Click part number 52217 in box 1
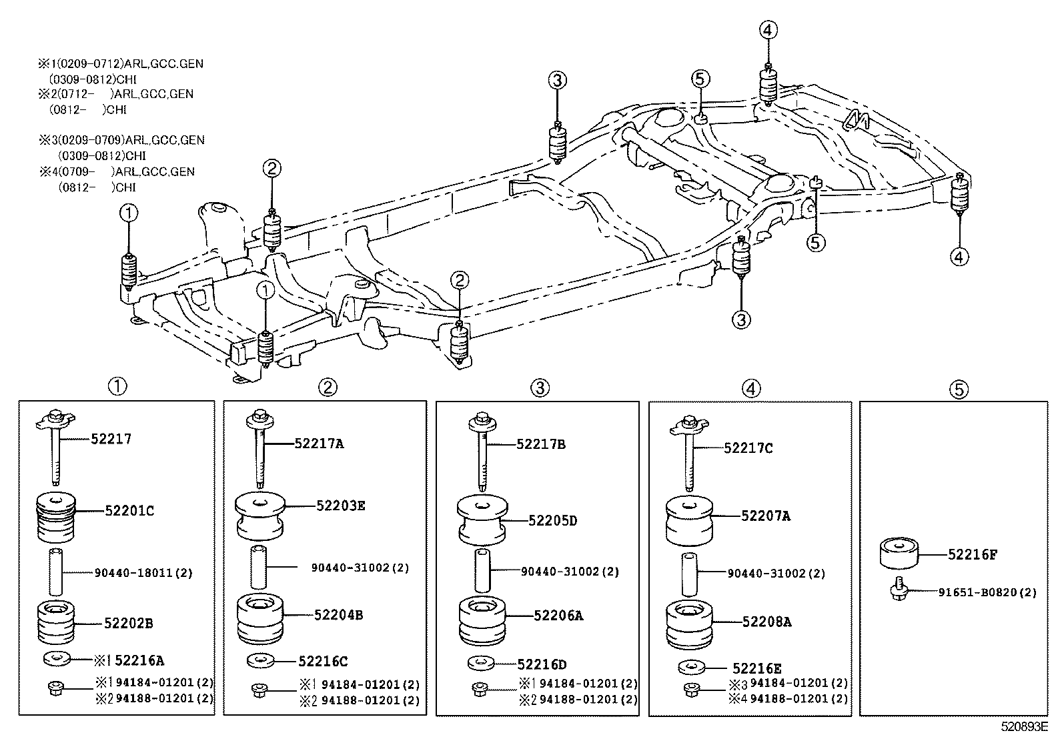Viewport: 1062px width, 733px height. [111, 439]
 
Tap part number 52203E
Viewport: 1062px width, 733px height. [341, 506]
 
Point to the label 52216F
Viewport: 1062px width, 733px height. [973, 554]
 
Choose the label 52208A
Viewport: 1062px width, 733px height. [766, 622]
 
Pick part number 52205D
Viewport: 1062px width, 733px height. [552, 520]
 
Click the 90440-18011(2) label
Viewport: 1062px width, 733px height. [143, 573]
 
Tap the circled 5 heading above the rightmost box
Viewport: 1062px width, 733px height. [958, 389]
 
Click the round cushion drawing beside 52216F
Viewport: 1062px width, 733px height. [899, 554]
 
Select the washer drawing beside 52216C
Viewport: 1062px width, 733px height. [260, 661]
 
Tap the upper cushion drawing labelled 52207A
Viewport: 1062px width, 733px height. [690, 521]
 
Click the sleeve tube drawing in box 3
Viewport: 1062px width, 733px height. [483, 571]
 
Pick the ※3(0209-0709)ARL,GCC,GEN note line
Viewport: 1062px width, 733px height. [121, 140]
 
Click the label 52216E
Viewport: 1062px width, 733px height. [756, 668]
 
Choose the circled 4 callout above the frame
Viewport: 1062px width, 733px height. [767, 29]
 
